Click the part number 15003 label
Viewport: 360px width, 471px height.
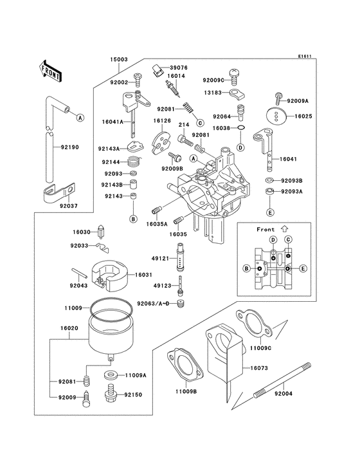pyautogui.click(x=119, y=59)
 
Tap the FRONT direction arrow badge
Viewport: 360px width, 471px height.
pyautogui.click(x=51, y=70)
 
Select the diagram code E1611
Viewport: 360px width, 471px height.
pyautogui.click(x=305, y=56)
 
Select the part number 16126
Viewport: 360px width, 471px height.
pyautogui.click(x=161, y=120)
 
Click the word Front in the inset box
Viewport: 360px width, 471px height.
pyautogui.click(x=265, y=229)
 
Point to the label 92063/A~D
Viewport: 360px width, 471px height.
pyautogui.click(x=153, y=302)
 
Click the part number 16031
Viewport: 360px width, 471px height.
pyautogui.click(x=143, y=274)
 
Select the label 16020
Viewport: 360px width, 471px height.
pyautogui.click(x=69, y=328)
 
